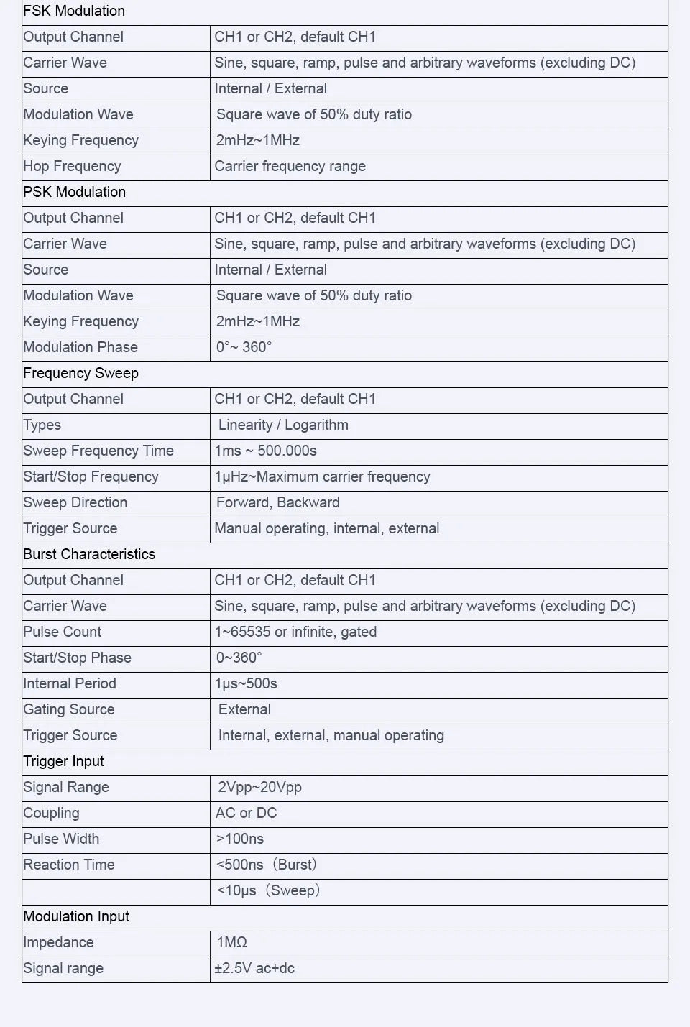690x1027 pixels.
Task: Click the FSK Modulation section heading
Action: pos(74,11)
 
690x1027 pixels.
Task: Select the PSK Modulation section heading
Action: pos(74,193)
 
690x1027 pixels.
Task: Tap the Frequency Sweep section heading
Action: pos(80,374)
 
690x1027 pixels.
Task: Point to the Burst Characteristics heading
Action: pos(89,555)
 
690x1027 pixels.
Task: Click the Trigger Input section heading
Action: pos(63,762)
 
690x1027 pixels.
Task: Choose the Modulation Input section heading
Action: pos(76,917)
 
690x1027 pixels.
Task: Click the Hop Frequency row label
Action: pos(72,167)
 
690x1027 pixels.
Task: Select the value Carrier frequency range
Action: pos(290,167)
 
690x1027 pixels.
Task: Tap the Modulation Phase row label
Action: pos(80,348)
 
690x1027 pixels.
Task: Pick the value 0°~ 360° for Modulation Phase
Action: pos(244,348)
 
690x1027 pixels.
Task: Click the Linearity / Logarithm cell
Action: pos(283,425)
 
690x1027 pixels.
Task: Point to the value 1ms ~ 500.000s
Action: pos(266,451)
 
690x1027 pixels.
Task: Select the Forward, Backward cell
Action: pos(277,503)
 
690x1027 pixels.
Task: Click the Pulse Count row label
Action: pos(63,632)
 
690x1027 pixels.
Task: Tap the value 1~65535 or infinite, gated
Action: pos(295,632)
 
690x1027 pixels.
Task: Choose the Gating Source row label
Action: pos(69,710)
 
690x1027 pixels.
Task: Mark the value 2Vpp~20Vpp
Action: pos(259,788)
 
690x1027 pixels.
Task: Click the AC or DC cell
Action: pos(246,814)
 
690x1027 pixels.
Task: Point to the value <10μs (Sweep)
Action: pos(268,891)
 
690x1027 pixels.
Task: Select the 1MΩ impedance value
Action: pos(231,943)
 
